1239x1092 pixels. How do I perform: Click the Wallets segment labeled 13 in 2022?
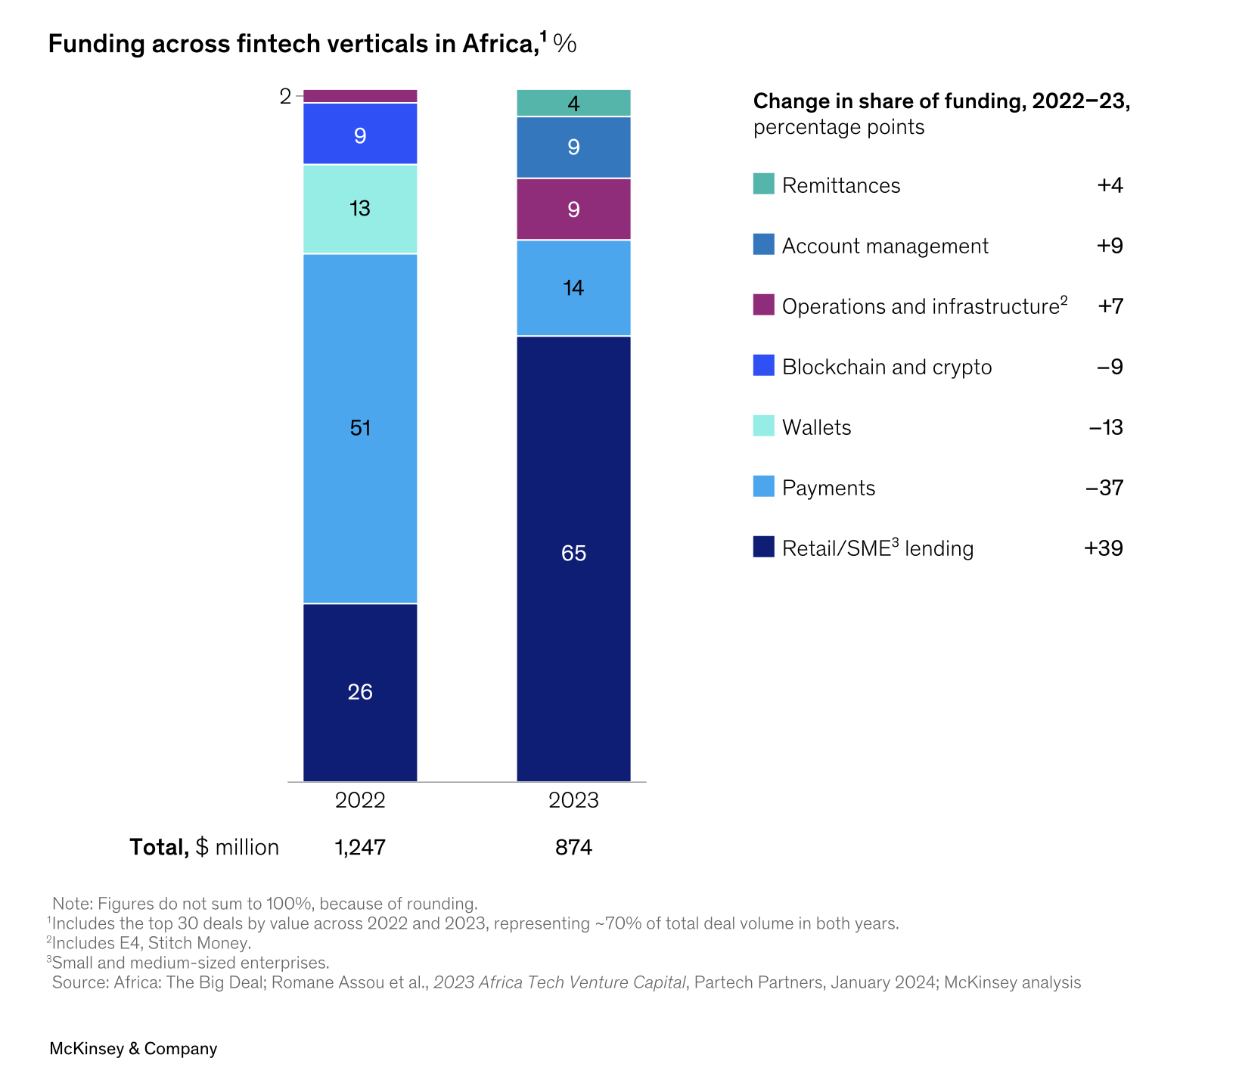[x=360, y=209]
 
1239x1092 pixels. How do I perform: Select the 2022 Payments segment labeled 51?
[x=360, y=428]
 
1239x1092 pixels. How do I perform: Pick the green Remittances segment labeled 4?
[x=573, y=103]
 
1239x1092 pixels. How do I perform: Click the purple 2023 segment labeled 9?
[x=573, y=209]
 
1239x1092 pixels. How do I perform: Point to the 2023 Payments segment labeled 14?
[x=573, y=287]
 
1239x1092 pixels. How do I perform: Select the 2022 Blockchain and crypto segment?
[x=360, y=134]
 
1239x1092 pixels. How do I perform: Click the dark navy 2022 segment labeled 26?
[x=360, y=692]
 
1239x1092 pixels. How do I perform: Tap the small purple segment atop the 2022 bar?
[x=360, y=96]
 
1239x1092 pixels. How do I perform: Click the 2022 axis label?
[x=360, y=801]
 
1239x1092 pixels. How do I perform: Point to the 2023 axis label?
[x=573, y=801]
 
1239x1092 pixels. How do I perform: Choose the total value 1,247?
[x=360, y=848]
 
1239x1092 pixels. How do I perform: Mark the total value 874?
[x=573, y=848]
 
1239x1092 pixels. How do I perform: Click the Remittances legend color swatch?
[x=764, y=185]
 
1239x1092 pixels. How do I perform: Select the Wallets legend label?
[x=816, y=427]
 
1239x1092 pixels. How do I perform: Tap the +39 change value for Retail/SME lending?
[x=1104, y=548]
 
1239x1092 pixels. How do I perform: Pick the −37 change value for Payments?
[x=1104, y=488]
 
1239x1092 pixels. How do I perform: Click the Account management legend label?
[x=885, y=246]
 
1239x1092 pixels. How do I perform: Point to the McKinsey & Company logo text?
[x=133, y=1049]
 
